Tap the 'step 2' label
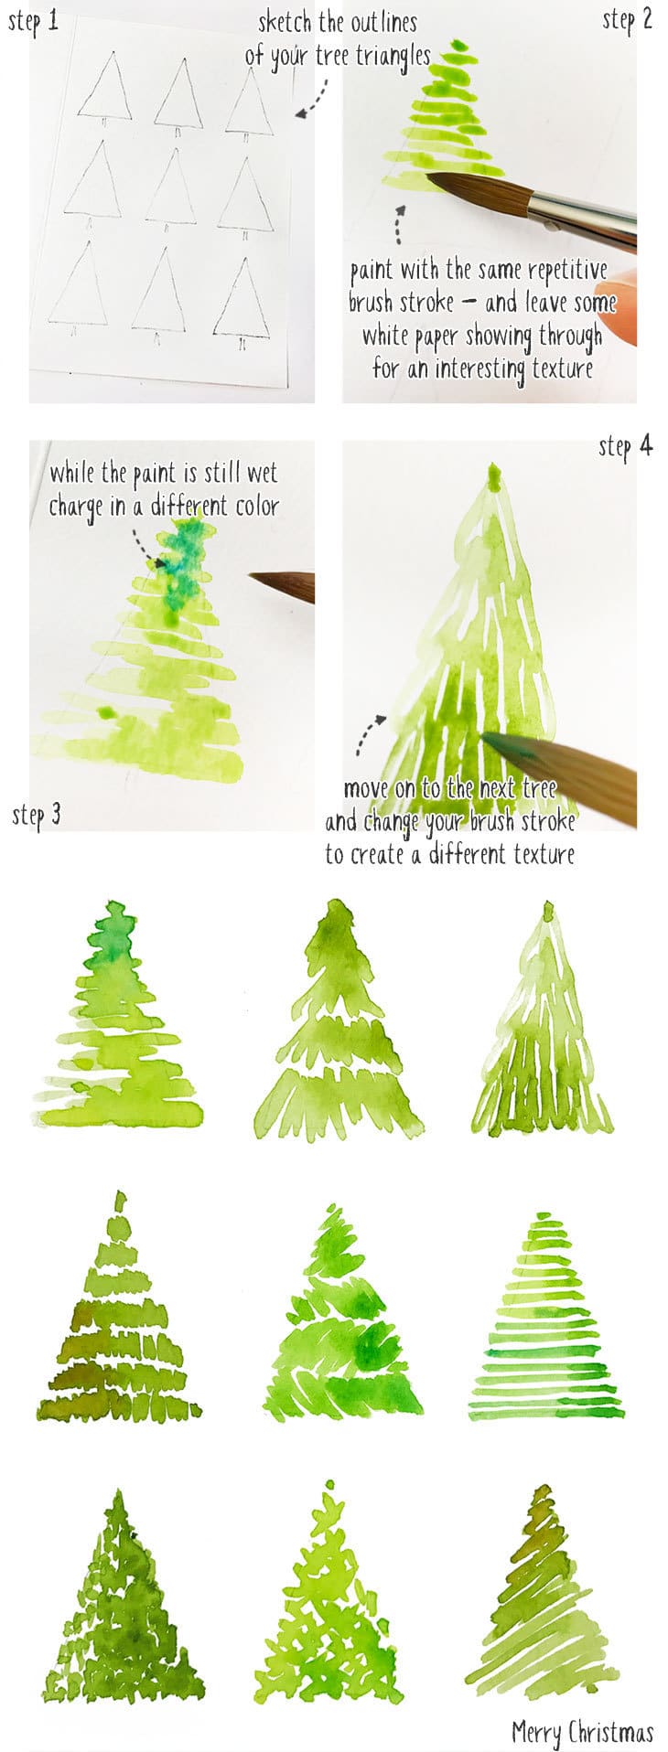[627, 20]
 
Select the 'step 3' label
[37, 814]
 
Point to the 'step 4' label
[626, 446]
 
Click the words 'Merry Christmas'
[582, 1731]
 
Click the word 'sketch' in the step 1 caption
[285, 22]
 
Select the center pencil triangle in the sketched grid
[171, 187]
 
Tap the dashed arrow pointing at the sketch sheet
[312, 99]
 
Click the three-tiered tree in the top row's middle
[337, 1024]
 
